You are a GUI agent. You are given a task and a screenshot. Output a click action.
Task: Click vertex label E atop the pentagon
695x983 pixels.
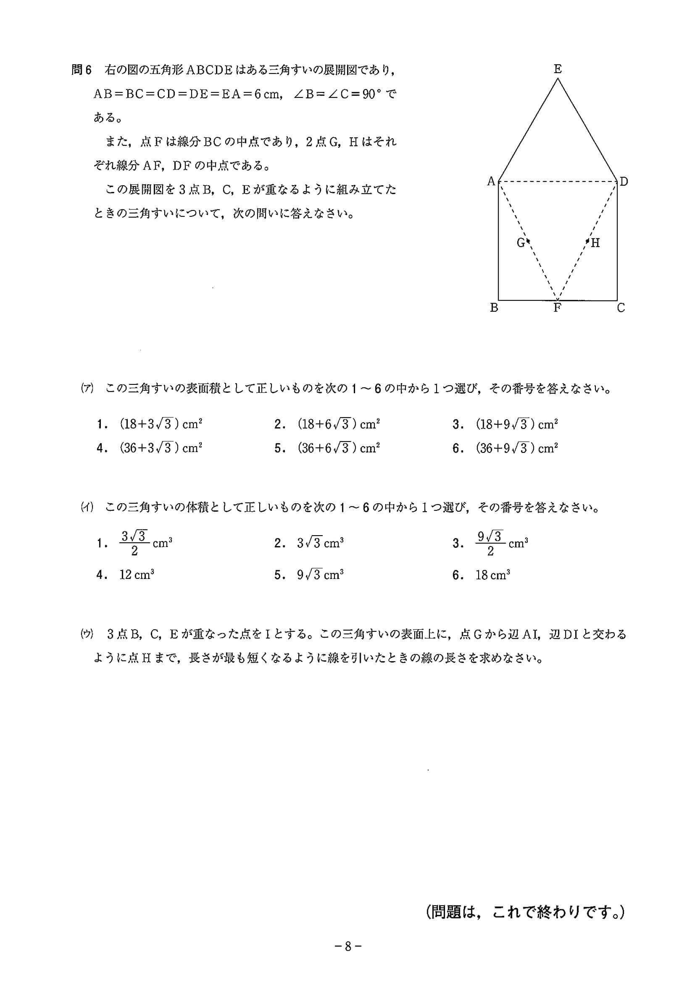pyautogui.click(x=558, y=69)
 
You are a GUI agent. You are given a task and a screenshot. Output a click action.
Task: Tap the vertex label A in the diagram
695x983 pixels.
pyautogui.click(x=491, y=181)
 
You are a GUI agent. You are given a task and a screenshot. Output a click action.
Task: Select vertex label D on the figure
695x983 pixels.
pyautogui.click(x=624, y=181)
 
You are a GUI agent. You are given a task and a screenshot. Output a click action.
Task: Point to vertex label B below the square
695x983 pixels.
pyautogui.click(x=494, y=308)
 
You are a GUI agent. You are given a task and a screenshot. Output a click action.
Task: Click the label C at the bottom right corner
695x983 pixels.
pyautogui.click(x=621, y=308)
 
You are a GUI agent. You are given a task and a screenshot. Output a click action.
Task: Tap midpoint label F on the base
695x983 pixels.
pyautogui.click(x=557, y=308)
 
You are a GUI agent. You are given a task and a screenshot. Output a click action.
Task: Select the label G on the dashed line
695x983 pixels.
pyautogui.click(x=521, y=243)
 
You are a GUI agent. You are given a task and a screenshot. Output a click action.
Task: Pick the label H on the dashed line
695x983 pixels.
pyautogui.click(x=595, y=243)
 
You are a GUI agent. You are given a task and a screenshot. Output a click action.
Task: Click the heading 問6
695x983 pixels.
pyautogui.click(x=82, y=70)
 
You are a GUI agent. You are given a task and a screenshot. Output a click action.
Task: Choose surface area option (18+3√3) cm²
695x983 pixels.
pyautogui.click(x=161, y=424)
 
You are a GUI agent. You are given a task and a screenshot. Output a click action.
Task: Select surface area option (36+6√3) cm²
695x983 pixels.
pyautogui.click(x=339, y=448)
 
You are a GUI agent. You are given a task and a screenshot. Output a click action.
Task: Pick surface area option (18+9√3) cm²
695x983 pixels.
pyautogui.click(x=516, y=424)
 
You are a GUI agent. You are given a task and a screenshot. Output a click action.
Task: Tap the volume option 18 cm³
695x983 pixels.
pyautogui.click(x=492, y=575)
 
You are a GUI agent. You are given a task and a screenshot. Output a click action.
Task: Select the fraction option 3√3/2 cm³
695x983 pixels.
pyautogui.click(x=145, y=543)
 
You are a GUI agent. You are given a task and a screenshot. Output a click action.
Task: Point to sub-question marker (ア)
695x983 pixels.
pyautogui.click(x=87, y=389)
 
